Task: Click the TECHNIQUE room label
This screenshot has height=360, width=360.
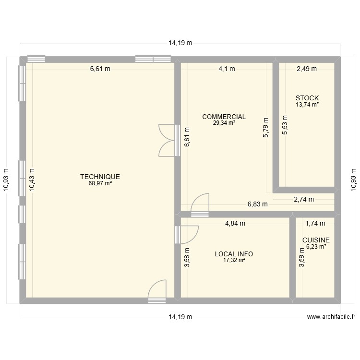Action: click(100, 177)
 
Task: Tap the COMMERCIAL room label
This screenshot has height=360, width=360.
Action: click(224, 117)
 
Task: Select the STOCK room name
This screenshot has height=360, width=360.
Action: click(307, 98)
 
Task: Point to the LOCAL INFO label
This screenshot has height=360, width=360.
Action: click(234, 254)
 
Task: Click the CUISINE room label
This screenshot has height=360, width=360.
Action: click(316, 240)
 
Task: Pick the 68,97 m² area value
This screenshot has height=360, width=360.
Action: click(100, 183)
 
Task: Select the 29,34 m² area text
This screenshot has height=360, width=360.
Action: click(224, 123)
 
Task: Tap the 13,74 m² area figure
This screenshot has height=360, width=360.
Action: click(307, 105)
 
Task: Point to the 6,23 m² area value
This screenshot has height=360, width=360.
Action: click(316, 246)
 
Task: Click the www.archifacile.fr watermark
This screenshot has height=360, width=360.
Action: click(331, 317)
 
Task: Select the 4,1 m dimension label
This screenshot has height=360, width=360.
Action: click(227, 69)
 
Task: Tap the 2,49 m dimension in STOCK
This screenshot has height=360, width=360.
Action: click(306, 69)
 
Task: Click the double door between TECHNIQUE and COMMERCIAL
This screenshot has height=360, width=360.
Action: click(167, 140)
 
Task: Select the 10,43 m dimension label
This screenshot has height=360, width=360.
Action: click(32, 180)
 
